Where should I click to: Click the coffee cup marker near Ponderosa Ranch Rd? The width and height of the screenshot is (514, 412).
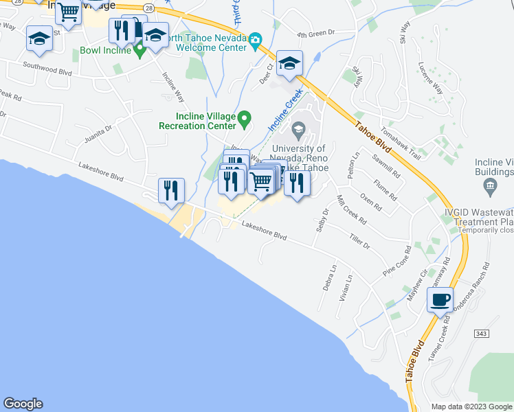(x=440, y=299)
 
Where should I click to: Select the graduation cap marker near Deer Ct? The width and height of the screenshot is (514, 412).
(x=290, y=64)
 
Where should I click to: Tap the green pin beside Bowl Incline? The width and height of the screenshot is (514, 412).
(x=139, y=51)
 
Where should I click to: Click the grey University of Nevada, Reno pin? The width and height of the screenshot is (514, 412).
(x=300, y=129)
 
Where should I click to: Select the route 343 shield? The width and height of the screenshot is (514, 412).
(x=482, y=333)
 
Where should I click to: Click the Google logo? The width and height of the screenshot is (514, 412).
(x=23, y=404)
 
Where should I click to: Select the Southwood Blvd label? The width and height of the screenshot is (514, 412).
(x=47, y=67)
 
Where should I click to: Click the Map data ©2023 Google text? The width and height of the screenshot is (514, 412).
(x=471, y=406)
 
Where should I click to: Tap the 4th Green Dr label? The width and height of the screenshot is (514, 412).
(x=315, y=32)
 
